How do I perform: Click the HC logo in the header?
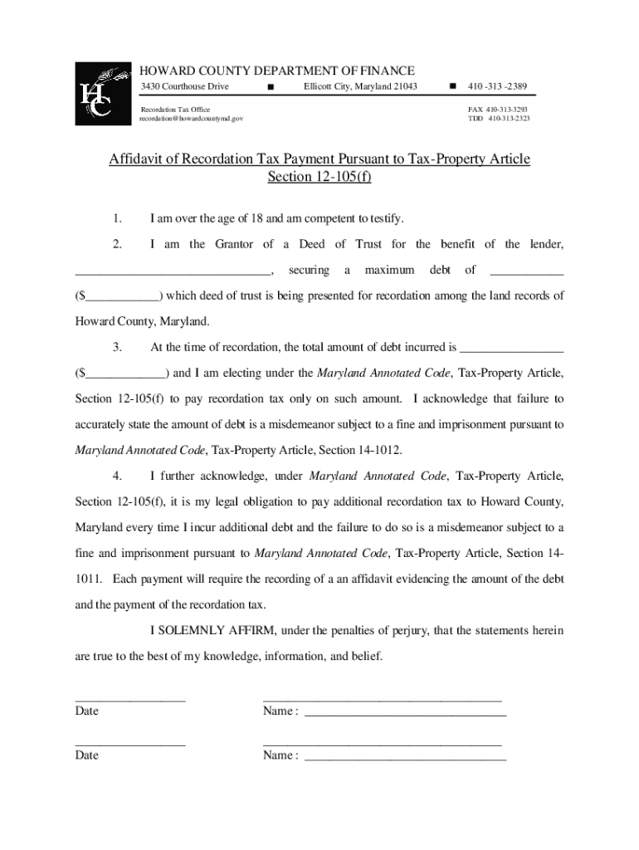pos(103,94)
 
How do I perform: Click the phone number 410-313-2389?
pos(497,87)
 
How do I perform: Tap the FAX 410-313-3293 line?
pos(498,110)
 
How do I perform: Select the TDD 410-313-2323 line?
pos(498,120)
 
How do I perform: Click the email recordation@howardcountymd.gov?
pos(192,120)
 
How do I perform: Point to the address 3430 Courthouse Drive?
pos(184,87)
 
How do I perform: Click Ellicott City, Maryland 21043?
pos(360,87)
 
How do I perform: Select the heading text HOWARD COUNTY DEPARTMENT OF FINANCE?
pos(276,71)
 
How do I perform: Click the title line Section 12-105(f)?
pos(319,178)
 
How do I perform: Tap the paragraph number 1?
pos(118,218)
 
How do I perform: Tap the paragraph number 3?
pos(118,347)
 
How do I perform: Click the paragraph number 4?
pos(118,476)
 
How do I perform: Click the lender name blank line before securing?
pos(173,271)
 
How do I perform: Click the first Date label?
pos(86,711)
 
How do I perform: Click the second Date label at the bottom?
pos(86,755)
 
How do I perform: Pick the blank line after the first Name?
pos(405,712)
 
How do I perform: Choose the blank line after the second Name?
pos(405,756)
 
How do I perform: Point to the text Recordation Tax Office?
pos(175,110)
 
